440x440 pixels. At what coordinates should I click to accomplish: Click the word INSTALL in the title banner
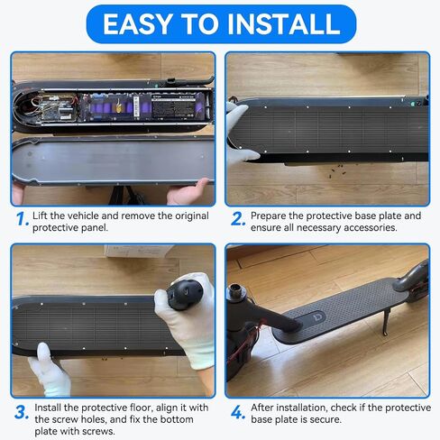tap(284, 24)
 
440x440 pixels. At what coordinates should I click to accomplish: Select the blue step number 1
tap(23, 219)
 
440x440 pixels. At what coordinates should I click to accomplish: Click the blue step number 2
tap(238, 219)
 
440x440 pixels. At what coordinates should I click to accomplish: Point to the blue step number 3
tap(22, 412)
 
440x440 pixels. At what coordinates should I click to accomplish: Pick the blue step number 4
tap(238, 412)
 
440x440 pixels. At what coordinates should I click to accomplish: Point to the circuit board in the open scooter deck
tap(58, 107)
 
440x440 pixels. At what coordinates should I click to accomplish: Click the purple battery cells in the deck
tap(120, 105)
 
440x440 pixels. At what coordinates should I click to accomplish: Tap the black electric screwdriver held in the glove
tap(185, 295)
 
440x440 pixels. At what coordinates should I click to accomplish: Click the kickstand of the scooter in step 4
tap(385, 322)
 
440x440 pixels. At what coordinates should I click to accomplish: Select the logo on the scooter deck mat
tap(316, 319)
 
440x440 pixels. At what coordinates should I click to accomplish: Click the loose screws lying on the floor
tap(337, 170)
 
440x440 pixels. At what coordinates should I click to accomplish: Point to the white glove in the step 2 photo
tap(240, 133)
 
